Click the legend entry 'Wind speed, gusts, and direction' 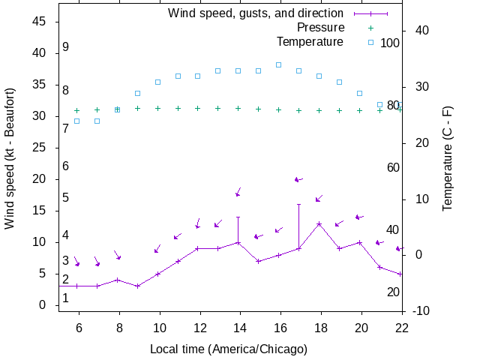click(255, 13)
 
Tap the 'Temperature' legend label click(310, 40)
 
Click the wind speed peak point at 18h click(319, 223)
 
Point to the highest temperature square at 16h click(279, 64)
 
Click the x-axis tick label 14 click(239, 328)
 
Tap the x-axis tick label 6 click(79, 328)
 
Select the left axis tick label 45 click(40, 22)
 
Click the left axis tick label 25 click(40, 148)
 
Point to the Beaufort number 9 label click(66, 46)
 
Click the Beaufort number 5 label click(66, 197)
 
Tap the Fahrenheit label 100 click(390, 43)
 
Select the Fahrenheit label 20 click(393, 292)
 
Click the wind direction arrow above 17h click(298, 180)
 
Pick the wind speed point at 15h click(259, 261)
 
